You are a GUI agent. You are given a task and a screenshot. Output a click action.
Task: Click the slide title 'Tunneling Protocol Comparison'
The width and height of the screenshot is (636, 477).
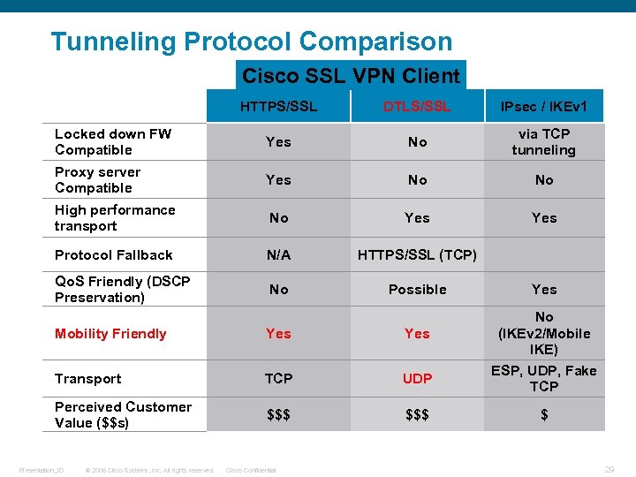coord(251,42)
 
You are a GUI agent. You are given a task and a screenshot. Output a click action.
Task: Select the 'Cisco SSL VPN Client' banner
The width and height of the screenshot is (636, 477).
coord(351,76)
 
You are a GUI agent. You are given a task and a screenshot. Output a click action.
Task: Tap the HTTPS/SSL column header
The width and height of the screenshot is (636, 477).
coord(278,106)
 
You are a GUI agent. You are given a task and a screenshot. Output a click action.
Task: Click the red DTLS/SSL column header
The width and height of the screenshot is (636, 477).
coord(417,106)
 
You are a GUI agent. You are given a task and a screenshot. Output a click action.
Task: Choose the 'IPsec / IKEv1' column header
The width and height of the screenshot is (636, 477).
coord(544,107)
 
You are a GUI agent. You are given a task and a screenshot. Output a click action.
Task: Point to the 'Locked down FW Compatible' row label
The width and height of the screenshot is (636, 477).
coord(113,141)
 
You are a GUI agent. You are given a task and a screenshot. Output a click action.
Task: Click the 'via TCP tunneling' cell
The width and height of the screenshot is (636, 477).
coord(544,141)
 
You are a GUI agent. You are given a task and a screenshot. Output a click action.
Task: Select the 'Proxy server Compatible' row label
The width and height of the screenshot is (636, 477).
coord(97,179)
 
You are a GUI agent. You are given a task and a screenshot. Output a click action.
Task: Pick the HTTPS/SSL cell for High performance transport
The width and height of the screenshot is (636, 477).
coord(278,217)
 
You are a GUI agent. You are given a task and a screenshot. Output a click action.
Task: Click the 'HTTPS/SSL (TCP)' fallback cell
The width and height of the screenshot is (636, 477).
coord(417,254)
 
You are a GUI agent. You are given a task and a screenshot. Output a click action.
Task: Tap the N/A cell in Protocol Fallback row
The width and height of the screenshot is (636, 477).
coord(278,254)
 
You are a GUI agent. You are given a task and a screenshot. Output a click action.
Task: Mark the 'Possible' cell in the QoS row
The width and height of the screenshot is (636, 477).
coord(417,289)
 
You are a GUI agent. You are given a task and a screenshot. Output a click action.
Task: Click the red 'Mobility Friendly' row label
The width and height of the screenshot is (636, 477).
coord(110,333)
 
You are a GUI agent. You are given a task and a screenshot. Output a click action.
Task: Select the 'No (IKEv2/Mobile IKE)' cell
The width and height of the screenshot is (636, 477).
coord(544,333)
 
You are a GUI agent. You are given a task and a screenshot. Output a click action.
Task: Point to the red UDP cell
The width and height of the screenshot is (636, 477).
coord(417,378)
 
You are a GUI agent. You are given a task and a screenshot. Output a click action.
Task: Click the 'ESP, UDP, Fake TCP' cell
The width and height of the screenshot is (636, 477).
coord(544,378)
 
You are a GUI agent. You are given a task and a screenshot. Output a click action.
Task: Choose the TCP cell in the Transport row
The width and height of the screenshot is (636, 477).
coord(278,378)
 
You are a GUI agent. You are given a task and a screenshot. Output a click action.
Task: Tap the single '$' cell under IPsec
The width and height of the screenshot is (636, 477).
coord(544,414)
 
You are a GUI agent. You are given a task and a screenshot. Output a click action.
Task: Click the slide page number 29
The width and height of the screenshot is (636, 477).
coord(609,469)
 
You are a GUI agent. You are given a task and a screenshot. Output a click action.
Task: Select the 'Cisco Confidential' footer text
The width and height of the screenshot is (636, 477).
coord(251,470)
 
